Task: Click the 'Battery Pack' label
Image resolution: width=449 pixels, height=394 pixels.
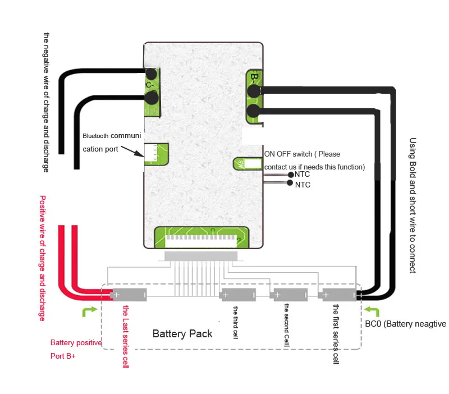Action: (182, 333)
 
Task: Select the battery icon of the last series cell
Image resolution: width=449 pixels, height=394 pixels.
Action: (130, 294)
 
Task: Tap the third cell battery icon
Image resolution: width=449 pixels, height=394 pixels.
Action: (238, 294)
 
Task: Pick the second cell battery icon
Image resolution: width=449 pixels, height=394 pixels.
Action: (290, 294)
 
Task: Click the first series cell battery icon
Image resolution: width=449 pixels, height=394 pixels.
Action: (337, 294)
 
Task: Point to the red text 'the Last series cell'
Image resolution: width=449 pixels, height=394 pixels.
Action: (126, 336)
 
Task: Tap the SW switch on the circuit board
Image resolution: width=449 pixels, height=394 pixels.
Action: (240, 164)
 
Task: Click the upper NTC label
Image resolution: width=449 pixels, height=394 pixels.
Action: (303, 175)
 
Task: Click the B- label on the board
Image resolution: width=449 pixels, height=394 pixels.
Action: (254, 78)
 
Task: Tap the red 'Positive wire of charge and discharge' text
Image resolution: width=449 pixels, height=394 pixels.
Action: (42, 258)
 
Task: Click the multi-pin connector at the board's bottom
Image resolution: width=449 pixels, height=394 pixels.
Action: (201, 238)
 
